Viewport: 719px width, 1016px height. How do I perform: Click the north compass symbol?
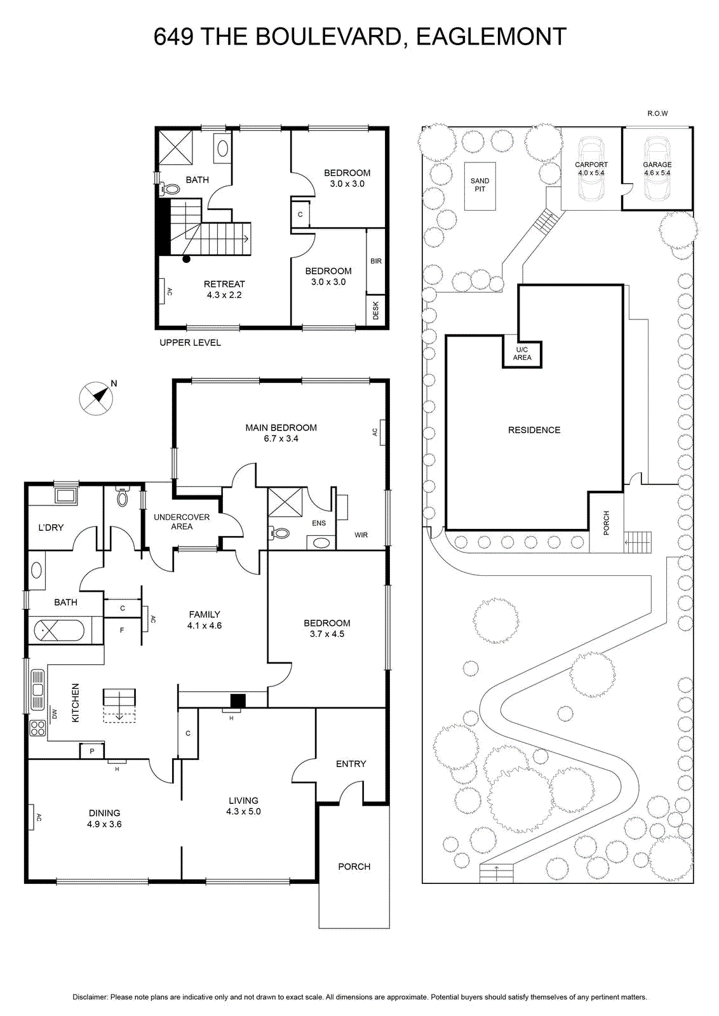coord(96,399)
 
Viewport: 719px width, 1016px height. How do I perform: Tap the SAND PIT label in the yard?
coord(480,185)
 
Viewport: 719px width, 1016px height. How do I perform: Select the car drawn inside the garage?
coord(657,168)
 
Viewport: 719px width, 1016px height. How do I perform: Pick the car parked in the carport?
coord(591,168)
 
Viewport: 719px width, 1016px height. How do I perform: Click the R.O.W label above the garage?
coord(657,114)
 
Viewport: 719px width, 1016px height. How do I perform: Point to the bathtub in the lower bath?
coord(59,631)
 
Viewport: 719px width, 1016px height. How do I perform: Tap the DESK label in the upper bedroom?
coord(375,311)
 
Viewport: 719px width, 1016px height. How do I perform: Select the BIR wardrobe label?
coord(376,261)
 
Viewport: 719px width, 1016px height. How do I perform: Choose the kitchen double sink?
coord(37,690)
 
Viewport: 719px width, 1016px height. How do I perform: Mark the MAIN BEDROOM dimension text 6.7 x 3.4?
coord(281,439)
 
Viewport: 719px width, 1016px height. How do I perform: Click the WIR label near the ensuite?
coord(361,535)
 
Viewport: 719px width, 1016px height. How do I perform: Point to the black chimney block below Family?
coord(238,700)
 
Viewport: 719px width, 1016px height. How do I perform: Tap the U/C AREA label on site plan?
coord(522,354)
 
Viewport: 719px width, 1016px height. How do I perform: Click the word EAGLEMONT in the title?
coord(491,37)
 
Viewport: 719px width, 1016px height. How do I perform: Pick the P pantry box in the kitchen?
coord(92,751)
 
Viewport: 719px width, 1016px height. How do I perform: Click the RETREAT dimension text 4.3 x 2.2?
coord(224,295)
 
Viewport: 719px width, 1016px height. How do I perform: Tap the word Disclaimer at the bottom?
coord(90,997)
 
